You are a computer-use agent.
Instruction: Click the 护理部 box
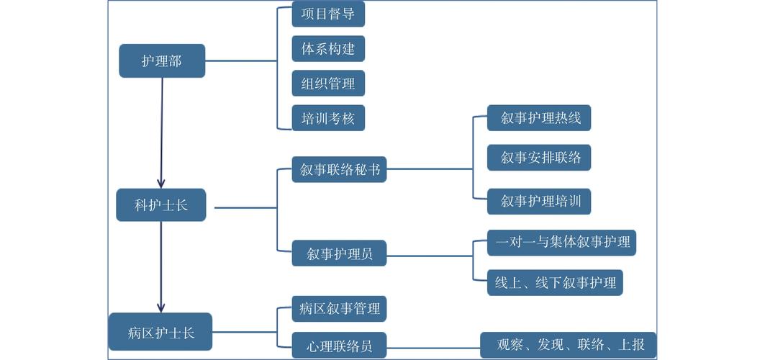coord(162,61)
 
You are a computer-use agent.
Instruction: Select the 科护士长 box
coord(161,205)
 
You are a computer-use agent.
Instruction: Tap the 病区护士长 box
coord(160,333)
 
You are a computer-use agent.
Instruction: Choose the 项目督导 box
coord(328,14)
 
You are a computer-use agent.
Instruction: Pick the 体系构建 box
coord(328,49)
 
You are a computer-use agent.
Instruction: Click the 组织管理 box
coord(328,84)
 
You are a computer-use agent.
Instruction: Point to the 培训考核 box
coord(328,118)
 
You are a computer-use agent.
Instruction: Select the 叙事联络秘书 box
coord(339,171)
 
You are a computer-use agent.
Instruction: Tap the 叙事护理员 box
coord(339,253)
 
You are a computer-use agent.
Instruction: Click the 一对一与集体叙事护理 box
coord(562,242)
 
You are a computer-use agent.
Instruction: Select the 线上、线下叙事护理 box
coord(555,283)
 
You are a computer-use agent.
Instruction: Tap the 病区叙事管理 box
coord(339,309)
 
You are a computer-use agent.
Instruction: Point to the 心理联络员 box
coord(339,346)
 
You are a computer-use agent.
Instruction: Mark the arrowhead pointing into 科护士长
coord(161,183)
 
